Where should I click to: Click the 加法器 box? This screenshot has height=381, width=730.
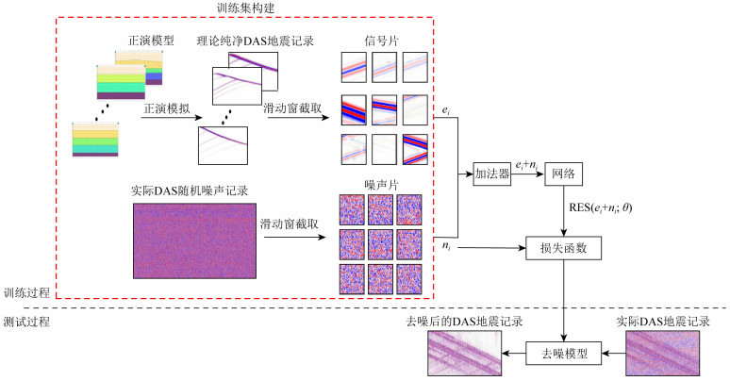491,175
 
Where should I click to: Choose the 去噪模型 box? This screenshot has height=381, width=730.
564,354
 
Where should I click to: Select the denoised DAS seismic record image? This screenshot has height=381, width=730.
462,354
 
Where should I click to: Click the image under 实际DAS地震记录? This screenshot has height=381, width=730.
665,354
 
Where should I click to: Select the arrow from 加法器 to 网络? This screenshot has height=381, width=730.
527,175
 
